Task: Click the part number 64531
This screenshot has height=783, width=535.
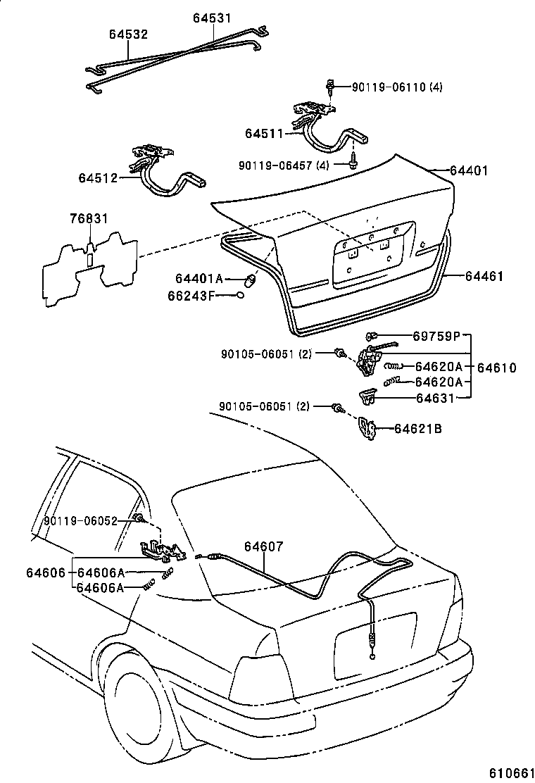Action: click(x=213, y=18)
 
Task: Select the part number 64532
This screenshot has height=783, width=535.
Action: click(x=128, y=34)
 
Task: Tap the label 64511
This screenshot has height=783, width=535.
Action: click(x=263, y=132)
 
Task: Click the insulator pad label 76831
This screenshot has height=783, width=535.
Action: click(x=89, y=219)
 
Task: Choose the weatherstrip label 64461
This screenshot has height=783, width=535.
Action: click(x=484, y=277)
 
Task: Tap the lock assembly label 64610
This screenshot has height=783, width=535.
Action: click(x=497, y=367)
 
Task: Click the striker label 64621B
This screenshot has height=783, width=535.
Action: click(x=418, y=428)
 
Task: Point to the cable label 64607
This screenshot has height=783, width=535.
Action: click(x=264, y=546)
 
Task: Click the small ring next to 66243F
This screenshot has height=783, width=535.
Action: click(x=241, y=295)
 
